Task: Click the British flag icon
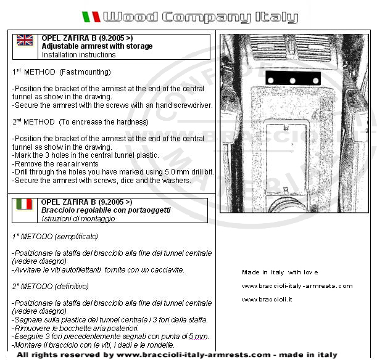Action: [x=25, y=41]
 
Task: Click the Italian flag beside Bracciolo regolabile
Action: [x=25, y=204]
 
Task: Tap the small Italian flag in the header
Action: [x=91, y=17]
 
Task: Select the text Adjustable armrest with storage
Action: [x=97, y=46]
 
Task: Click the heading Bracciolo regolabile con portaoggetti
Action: [x=106, y=210]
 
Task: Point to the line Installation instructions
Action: [x=78, y=55]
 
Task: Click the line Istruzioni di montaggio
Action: [x=78, y=219]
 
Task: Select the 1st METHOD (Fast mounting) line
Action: [x=62, y=72]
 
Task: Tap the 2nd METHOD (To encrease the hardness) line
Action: [x=81, y=122]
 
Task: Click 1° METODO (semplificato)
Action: [x=55, y=236]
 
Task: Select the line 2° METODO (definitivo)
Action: [x=51, y=286]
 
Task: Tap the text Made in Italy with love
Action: [x=280, y=272]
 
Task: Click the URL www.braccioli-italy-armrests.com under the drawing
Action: [x=297, y=285]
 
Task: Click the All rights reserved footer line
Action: [x=177, y=355]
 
